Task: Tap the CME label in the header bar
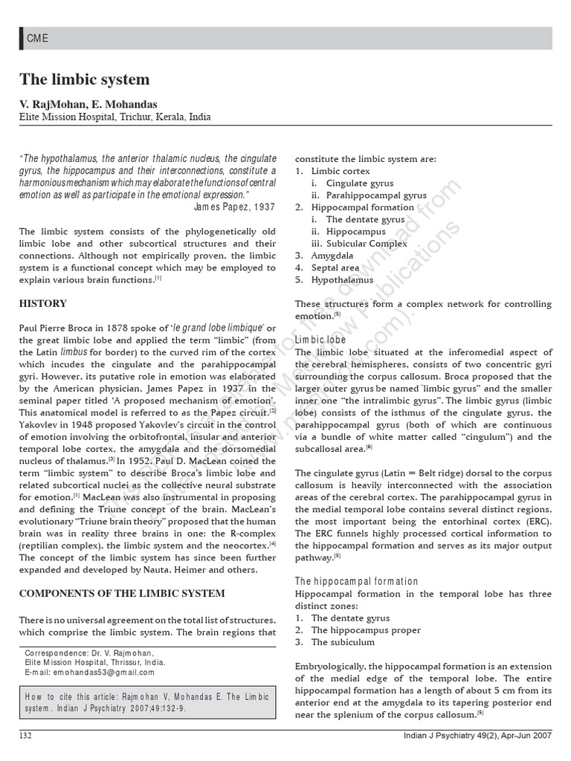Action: [37, 39]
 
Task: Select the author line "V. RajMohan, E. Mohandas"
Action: [88, 104]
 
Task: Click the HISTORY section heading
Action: [42, 303]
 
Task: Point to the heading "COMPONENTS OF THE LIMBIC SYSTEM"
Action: [121, 593]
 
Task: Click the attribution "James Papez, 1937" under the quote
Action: [234, 207]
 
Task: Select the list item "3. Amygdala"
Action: [323, 256]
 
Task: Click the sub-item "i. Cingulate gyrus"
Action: [352, 183]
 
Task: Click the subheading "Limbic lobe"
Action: [320, 340]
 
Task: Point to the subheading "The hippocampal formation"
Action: [356, 581]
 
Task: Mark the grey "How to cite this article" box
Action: [148, 703]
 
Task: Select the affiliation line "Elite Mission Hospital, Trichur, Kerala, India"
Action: [114, 117]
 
